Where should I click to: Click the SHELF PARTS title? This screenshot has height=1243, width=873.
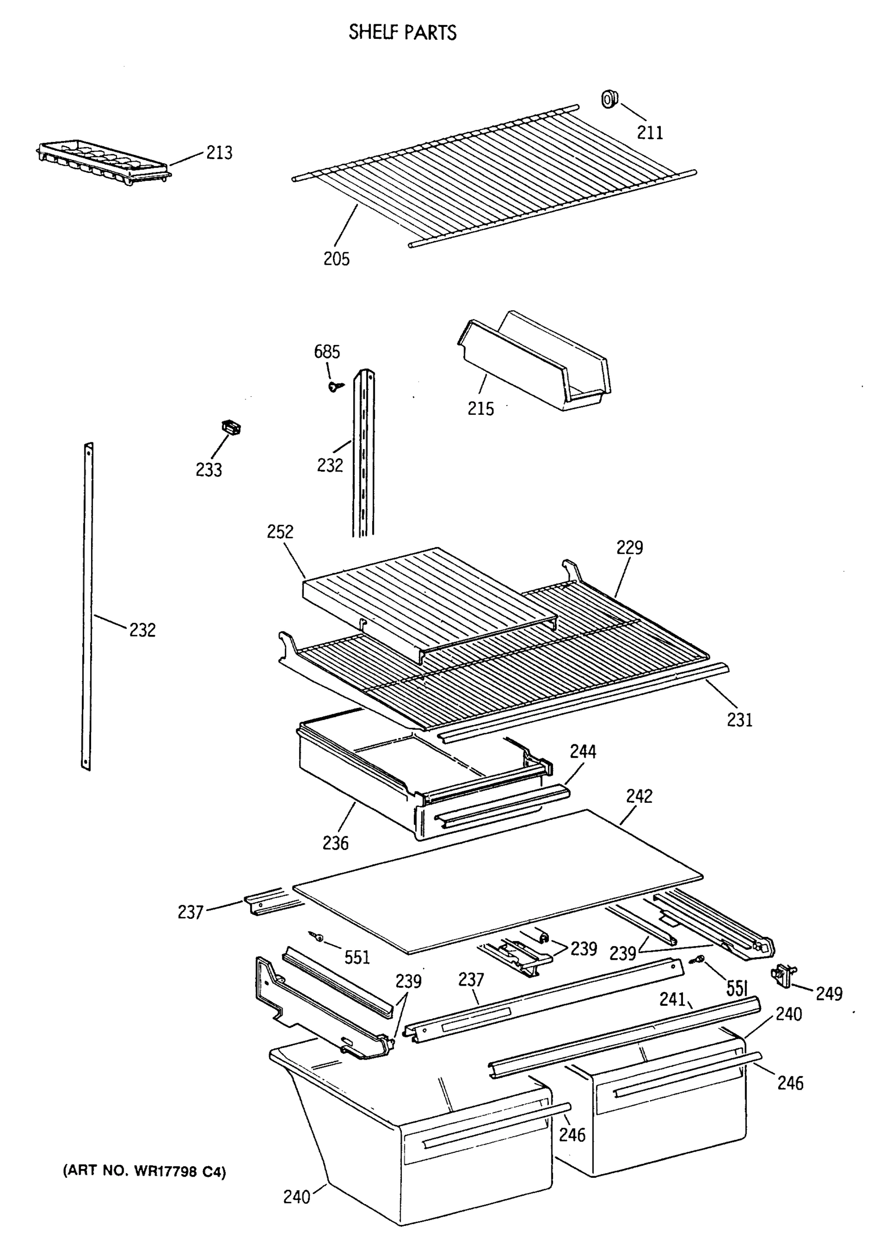click(x=402, y=33)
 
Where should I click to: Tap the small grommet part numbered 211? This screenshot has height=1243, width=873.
click(x=610, y=99)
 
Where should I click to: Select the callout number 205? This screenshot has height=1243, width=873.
click(x=336, y=259)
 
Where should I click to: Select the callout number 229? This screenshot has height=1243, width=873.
click(x=630, y=547)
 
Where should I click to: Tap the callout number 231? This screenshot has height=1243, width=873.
click(x=739, y=719)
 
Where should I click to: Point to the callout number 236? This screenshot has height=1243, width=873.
click(x=336, y=843)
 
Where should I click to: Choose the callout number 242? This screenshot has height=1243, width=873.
click(x=639, y=796)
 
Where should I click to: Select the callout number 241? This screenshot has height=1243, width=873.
click(x=672, y=999)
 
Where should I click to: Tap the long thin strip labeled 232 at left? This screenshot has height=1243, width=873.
click(x=87, y=606)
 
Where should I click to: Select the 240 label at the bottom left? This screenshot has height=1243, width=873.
click(x=297, y=1196)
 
